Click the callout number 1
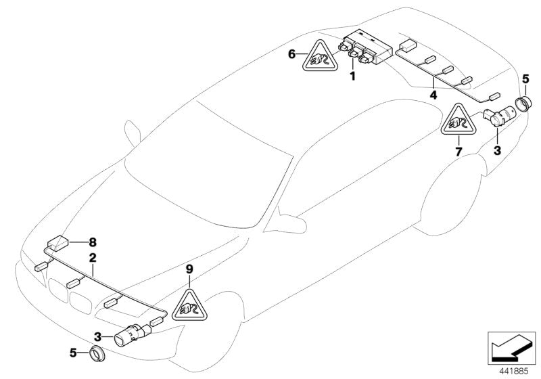(352, 76)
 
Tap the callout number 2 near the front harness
(92, 257)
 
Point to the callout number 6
(291, 54)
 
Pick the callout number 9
(190, 269)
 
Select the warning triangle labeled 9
(189, 302)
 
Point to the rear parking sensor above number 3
(502, 116)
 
